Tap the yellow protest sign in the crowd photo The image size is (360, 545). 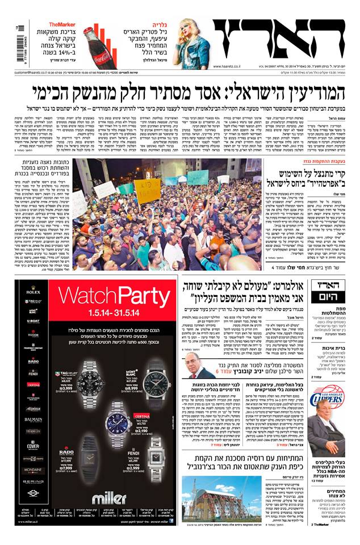(147, 191)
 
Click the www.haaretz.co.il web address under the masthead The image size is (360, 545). (232, 66)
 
